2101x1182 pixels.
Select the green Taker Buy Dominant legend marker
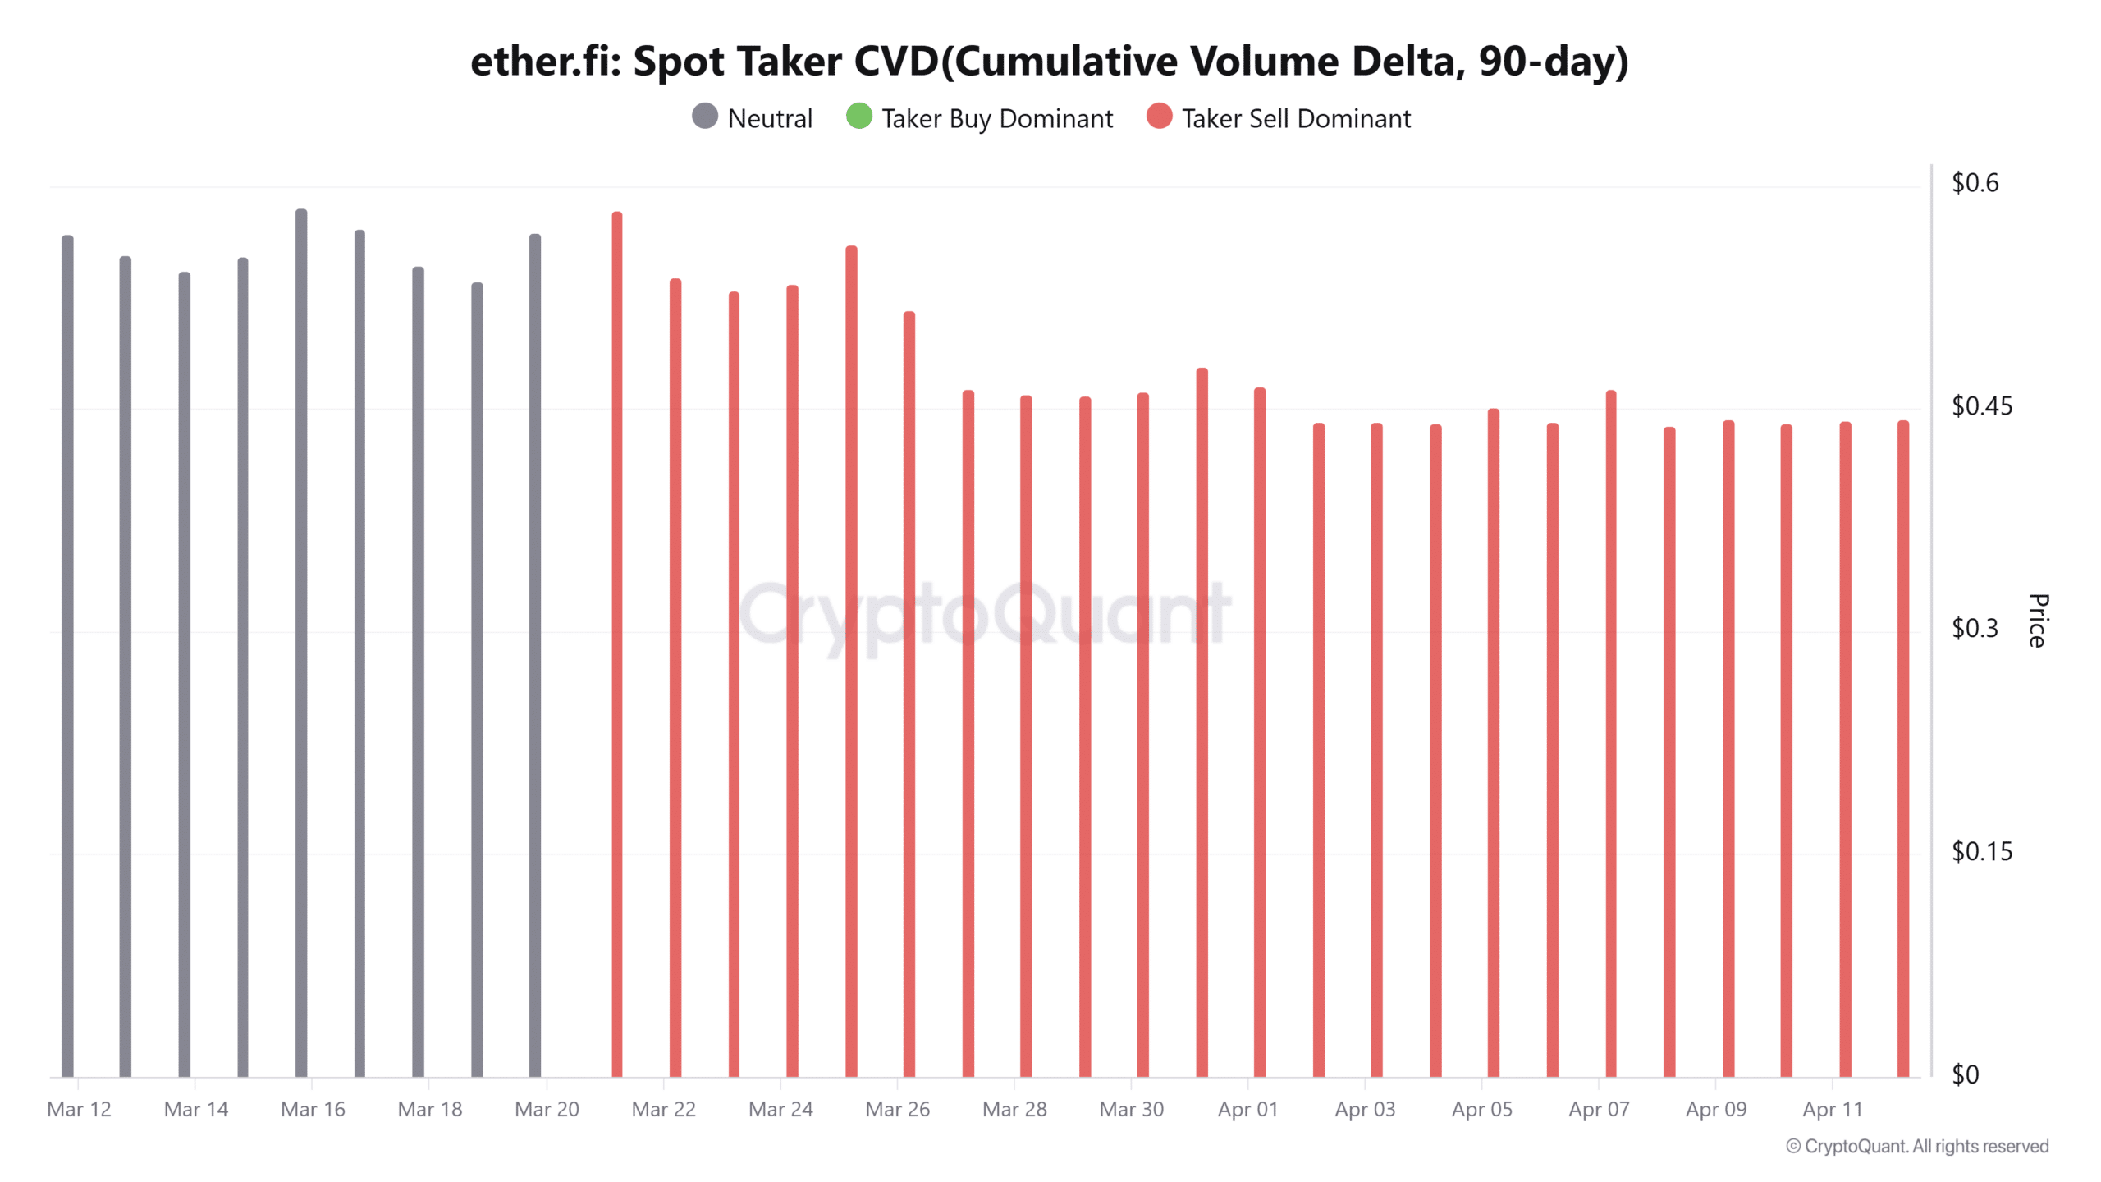(x=858, y=117)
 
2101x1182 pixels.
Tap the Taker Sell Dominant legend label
(x=1295, y=118)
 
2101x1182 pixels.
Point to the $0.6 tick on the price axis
(x=1975, y=182)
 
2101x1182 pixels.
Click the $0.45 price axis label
(x=1981, y=405)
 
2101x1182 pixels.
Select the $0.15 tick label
(x=1981, y=851)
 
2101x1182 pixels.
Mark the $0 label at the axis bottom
(x=1965, y=1074)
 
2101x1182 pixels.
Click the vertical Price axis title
(x=2037, y=621)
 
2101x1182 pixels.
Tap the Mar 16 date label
(x=313, y=1109)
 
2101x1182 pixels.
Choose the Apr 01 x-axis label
(x=1247, y=1109)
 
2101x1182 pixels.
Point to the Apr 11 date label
(x=1832, y=1109)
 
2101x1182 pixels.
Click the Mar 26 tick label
(x=897, y=1109)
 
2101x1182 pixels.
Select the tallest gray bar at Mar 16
(x=301, y=640)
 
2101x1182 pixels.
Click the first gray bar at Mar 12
(x=67, y=657)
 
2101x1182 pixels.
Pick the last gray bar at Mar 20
(x=535, y=657)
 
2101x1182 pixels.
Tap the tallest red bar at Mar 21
(x=617, y=640)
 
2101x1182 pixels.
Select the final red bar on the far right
(x=1902, y=747)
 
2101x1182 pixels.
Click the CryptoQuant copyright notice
(x=1917, y=1146)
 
